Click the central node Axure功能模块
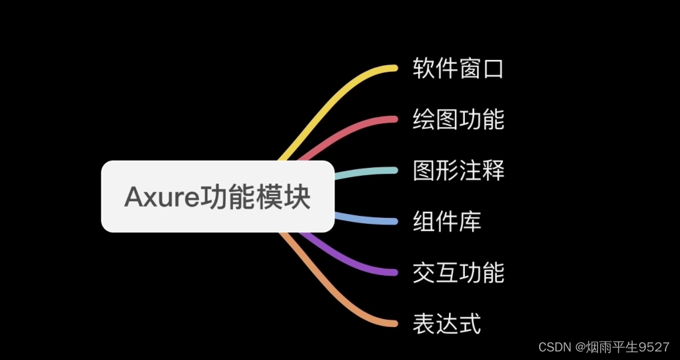(x=217, y=197)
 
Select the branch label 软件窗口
(x=458, y=68)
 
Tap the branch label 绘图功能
(x=458, y=119)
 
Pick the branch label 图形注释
(x=458, y=170)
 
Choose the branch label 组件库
(x=447, y=221)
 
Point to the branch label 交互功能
(x=458, y=272)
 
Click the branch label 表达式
(x=447, y=323)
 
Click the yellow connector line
(x=342, y=86)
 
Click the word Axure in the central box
(x=156, y=197)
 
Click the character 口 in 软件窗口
(x=493, y=68)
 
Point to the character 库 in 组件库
(x=470, y=221)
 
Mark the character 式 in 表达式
(x=470, y=323)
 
